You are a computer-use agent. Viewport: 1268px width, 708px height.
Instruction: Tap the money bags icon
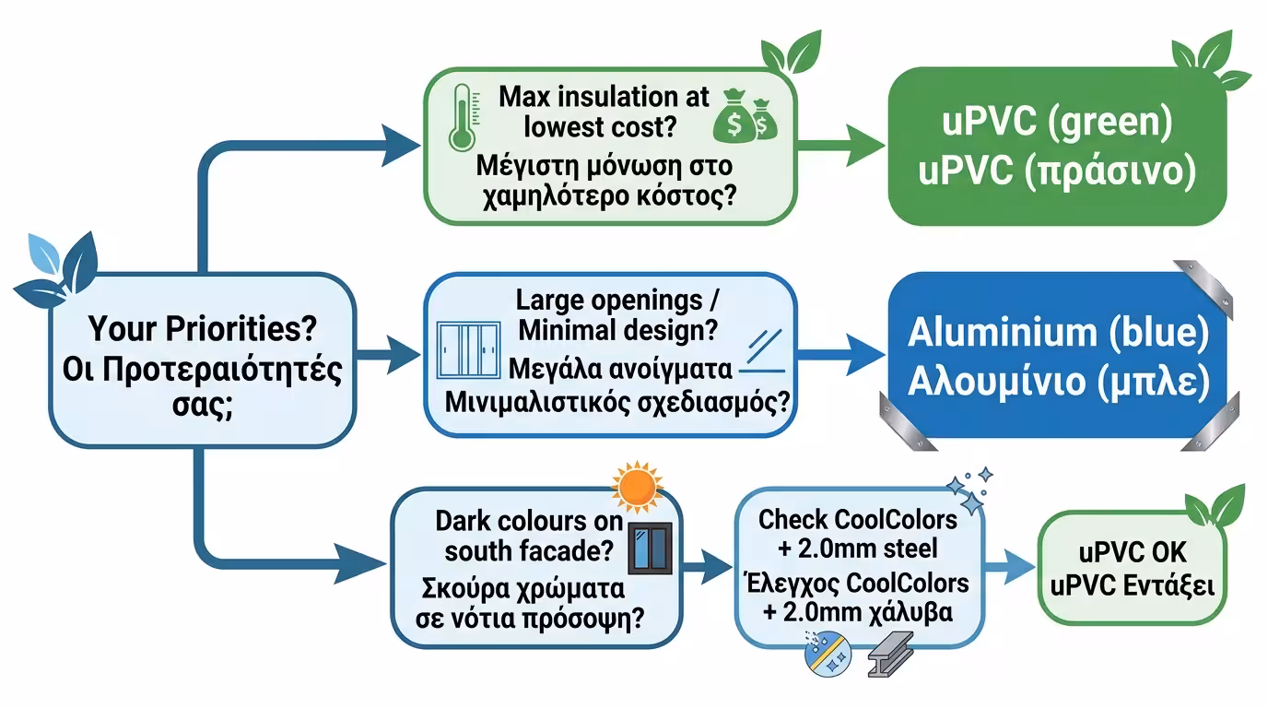click(746, 114)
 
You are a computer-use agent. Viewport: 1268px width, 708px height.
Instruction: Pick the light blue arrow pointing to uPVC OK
click(1008, 568)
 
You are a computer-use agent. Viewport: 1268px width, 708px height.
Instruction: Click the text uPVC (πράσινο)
click(1057, 172)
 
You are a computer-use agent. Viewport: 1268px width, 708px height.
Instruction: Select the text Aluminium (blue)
click(1057, 334)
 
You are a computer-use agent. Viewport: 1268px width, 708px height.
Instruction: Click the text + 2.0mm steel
click(857, 549)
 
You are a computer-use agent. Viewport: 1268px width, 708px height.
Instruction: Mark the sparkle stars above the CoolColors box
click(969, 489)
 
